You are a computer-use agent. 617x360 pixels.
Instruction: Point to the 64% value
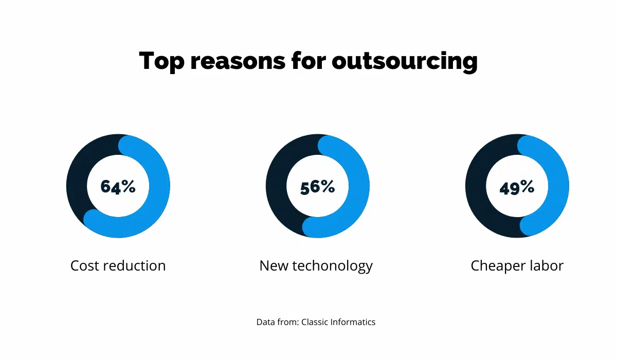point(118,186)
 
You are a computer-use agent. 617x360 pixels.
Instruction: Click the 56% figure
point(317,186)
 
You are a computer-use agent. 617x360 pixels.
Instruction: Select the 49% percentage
point(517,187)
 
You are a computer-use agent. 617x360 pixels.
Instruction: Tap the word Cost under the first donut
point(85,266)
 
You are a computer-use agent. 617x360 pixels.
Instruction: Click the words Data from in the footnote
point(277,322)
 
